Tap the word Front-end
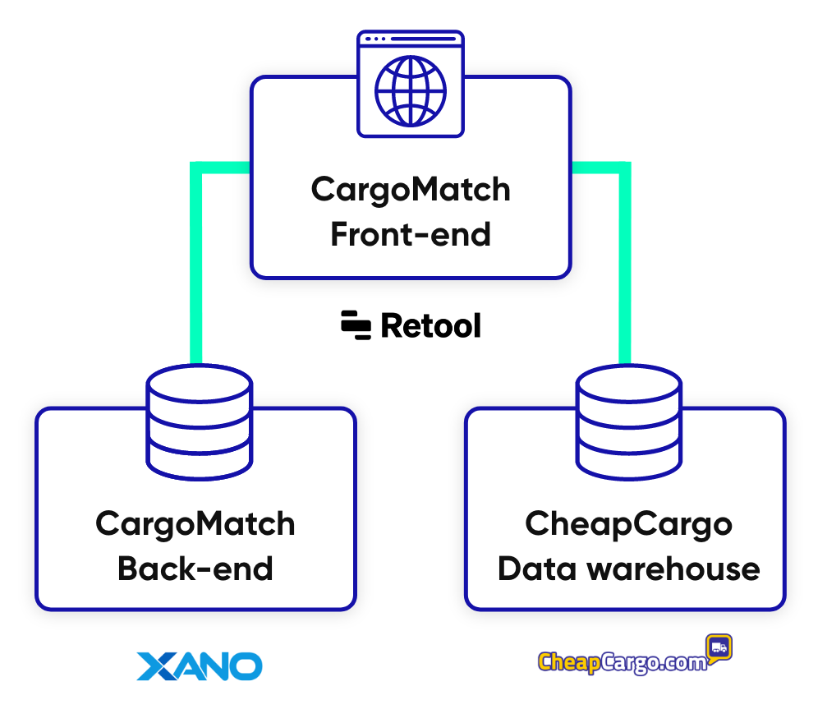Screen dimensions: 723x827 pyautogui.click(x=411, y=235)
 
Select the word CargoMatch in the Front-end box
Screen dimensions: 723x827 pyautogui.click(x=411, y=190)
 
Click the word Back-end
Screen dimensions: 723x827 pyautogui.click(x=195, y=569)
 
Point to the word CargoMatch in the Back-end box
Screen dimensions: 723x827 pyautogui.click(x=195, y=523)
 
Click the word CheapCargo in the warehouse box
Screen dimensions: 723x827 pyautogui.click(x=628, y=523)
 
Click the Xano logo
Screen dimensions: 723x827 pyautogui.click(x=199, y=665)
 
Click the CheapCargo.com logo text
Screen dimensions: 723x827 pyautogui.click(x=623, y=662)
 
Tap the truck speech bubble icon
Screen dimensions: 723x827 pyautogui.click(x=718, y=647)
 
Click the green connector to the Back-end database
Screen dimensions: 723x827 pyautogui.click(x=196, y=263)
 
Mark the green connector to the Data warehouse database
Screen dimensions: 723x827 pyautogui.click(x=625, y=263)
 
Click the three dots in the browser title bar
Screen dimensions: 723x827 pyautogui.click(x=374, y=39)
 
